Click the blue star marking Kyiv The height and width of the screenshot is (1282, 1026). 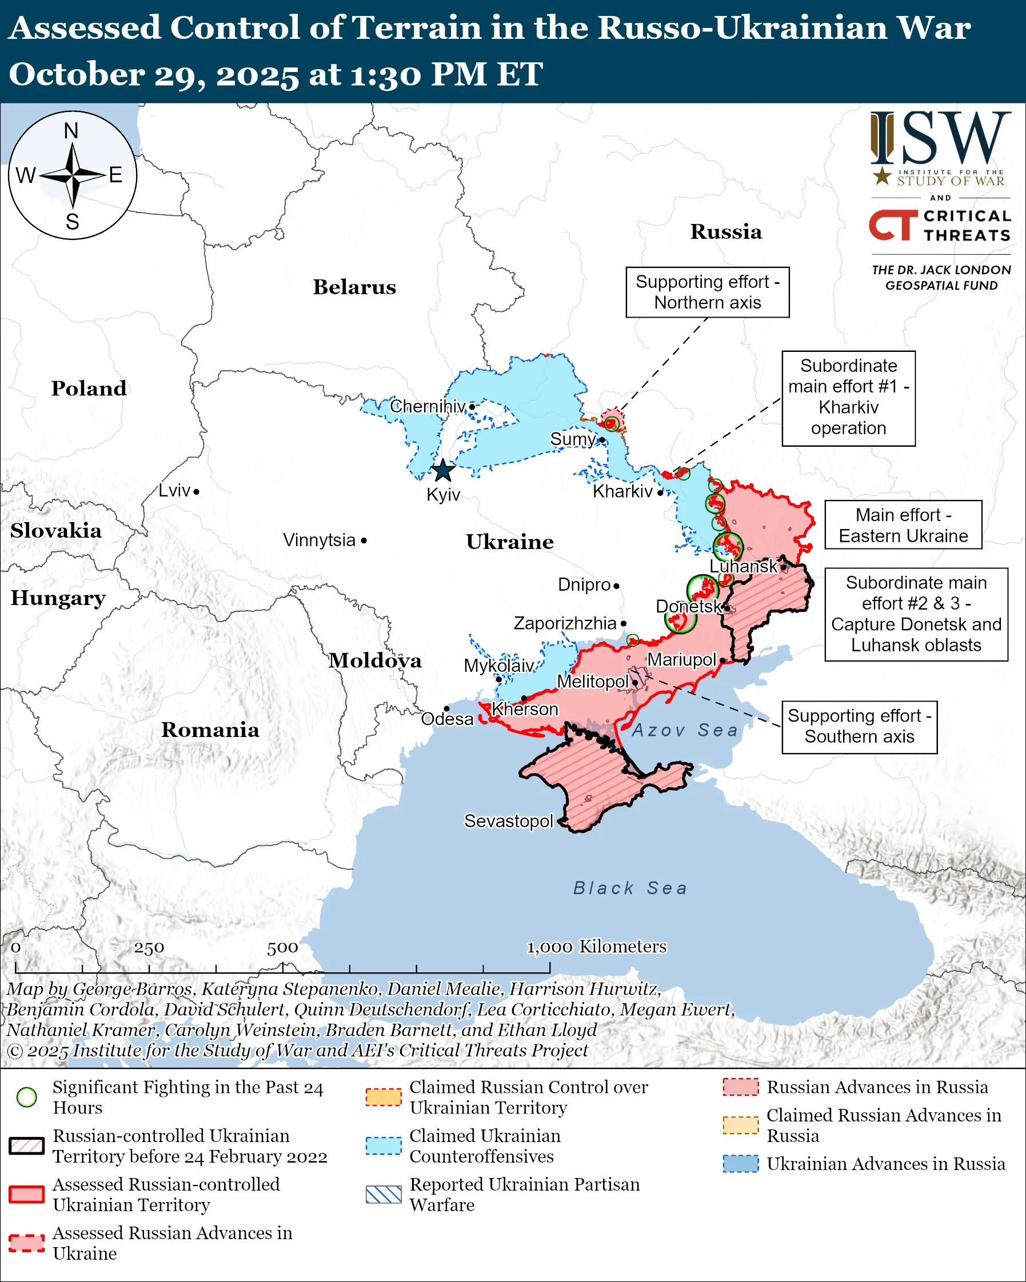(442, 471)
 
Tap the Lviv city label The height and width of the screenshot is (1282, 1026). (174, 491)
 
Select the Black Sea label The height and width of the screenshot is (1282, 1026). (630, 888)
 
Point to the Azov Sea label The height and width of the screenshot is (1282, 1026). (685, 730)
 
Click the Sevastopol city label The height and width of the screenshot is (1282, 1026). (509, 821)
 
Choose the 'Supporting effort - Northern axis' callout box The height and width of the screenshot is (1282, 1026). (707, 292)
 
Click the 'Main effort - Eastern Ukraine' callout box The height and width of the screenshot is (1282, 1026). (903, 525)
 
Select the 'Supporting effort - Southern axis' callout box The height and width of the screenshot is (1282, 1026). (859, 727)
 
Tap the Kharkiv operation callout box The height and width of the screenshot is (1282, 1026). (848, 397)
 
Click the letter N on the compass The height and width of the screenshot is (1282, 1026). (71, 131)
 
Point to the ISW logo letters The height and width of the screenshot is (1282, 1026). (941, 138)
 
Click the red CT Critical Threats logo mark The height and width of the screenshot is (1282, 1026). (893, 225)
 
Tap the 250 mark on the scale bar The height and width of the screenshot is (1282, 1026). (149, 948)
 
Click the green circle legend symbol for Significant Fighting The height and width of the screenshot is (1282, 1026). (27, 1097)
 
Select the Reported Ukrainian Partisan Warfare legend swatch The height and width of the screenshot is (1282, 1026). (384, 1195)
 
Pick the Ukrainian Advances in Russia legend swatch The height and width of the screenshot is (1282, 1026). (741, 1164)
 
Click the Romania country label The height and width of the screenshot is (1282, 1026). (210, 730)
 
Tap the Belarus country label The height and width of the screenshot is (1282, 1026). (354, 287)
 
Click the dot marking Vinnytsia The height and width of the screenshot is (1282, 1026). (364, 540)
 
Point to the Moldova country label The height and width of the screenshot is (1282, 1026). (376, 660)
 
